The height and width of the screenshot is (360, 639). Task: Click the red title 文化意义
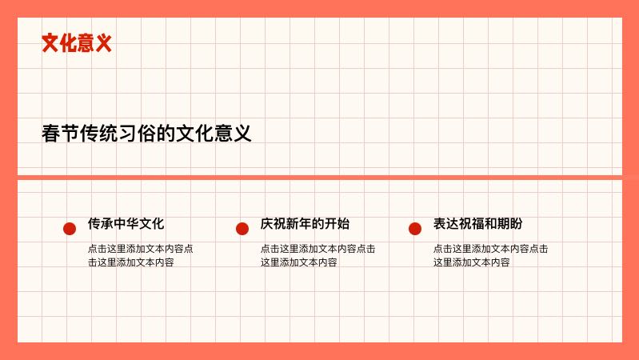(76, 43)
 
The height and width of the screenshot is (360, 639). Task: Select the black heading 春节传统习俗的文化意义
(146, 134)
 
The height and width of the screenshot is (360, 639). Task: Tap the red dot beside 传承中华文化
(70, 229)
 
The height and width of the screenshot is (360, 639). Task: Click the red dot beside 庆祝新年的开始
(242, 229)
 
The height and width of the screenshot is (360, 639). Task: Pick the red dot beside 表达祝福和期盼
(415, 229)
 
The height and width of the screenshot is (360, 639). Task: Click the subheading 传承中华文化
(126, 224)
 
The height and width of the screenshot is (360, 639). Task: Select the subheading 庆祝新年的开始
(305, 224)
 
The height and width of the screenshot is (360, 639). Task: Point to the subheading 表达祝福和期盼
(477, 224)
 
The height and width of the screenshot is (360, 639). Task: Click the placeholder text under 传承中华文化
(140, 255)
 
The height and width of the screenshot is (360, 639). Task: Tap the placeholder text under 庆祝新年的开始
(318, 255)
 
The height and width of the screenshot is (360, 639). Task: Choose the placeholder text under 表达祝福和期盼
(490, 255)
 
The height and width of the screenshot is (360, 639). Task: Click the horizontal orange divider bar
(320, 177)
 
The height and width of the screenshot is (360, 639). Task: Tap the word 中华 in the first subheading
(126, 224)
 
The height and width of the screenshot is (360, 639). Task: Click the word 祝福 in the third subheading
(471, 224)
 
